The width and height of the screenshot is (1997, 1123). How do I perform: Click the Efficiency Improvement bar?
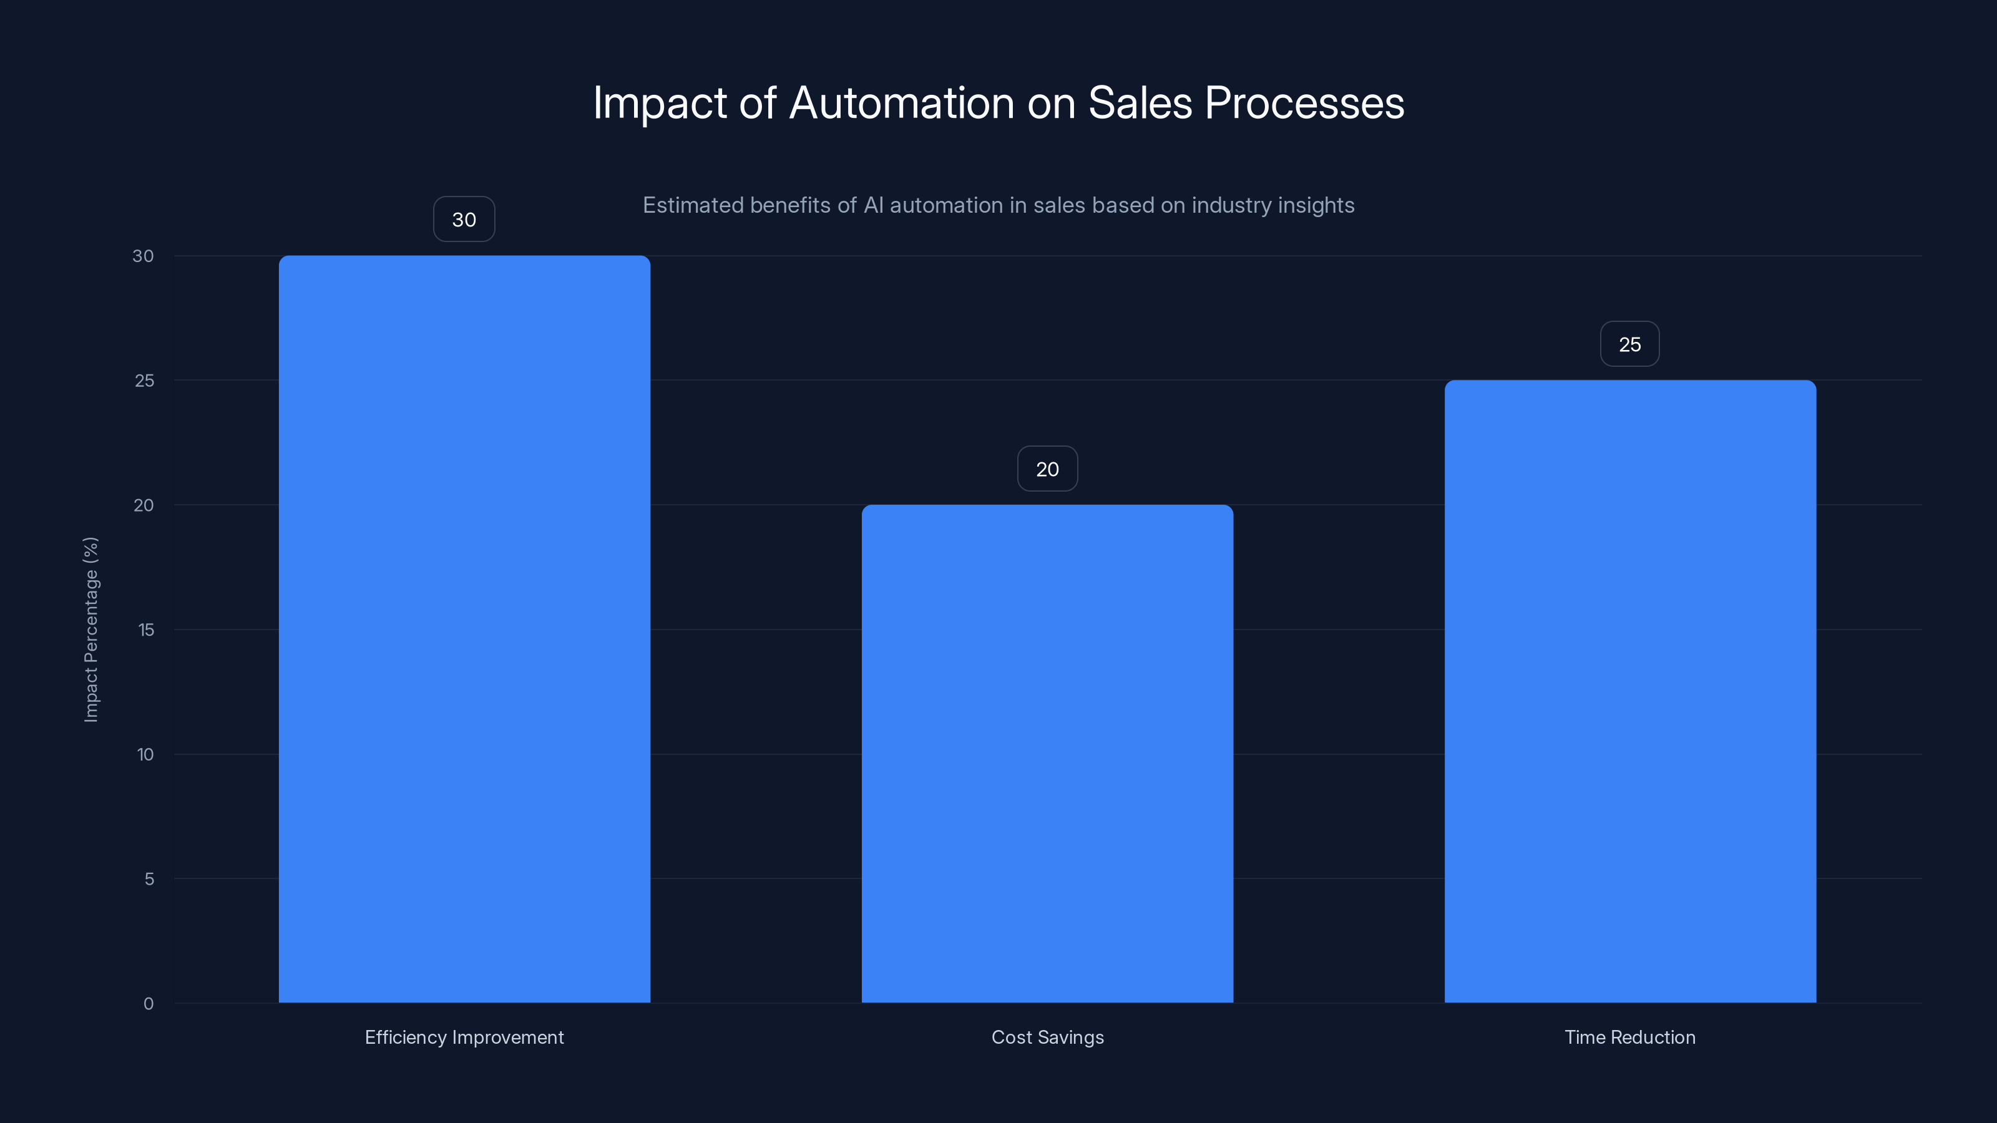[464, 628]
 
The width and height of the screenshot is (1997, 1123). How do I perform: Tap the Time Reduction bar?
[1629, 691]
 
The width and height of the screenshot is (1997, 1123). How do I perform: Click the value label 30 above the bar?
[464, 220]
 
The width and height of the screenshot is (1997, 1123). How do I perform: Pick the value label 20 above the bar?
[1047, 469]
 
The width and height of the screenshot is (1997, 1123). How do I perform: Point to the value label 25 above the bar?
[1629, 344]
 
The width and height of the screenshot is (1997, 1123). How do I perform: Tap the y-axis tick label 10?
[145, 754]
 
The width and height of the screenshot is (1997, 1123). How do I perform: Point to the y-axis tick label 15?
[146, 630]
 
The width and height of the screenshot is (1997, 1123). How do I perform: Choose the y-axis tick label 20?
[144, 505]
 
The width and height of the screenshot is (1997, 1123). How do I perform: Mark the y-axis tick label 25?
[144, 381]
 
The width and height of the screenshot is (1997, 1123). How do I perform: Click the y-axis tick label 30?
[143, 256]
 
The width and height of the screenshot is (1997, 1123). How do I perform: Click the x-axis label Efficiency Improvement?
[464, 1037]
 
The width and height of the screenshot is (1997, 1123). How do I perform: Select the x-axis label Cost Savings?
[1047, 1037]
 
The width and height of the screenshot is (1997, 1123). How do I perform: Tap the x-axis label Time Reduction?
[1629, 1037]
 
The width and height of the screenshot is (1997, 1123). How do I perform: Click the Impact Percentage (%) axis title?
[90, 630]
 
